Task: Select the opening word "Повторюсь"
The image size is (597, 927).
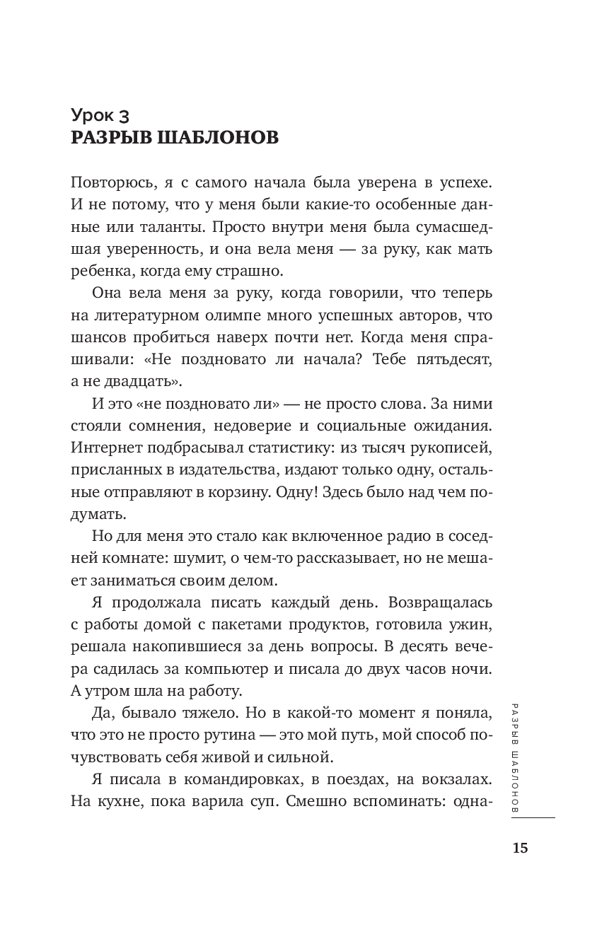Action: pyautogui.click(x=113, y=182)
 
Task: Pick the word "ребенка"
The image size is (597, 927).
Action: pyautogui.click(x=100, y=270)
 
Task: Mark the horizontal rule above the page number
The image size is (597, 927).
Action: pyautogui.click(x=531, y=818)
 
